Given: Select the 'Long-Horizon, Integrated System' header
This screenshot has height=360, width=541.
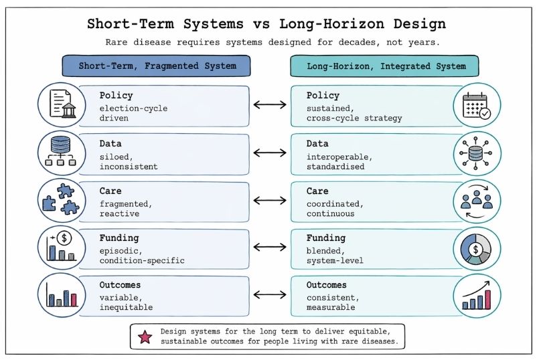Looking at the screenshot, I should (x=384, y=66).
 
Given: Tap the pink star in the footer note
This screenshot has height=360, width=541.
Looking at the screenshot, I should (x=145, y=337).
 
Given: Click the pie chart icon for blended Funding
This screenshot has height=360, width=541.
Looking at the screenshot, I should (x=476, y=248).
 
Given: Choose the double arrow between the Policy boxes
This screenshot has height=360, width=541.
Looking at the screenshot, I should (x=270, y=105).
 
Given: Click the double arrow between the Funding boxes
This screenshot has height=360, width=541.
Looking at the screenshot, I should (x=270, y=247).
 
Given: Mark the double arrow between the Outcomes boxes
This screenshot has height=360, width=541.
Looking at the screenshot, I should (x=270, y=295).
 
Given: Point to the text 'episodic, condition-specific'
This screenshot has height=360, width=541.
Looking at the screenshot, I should (x=141, y=255).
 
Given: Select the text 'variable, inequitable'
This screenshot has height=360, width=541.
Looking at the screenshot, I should (x=126, y=302).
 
